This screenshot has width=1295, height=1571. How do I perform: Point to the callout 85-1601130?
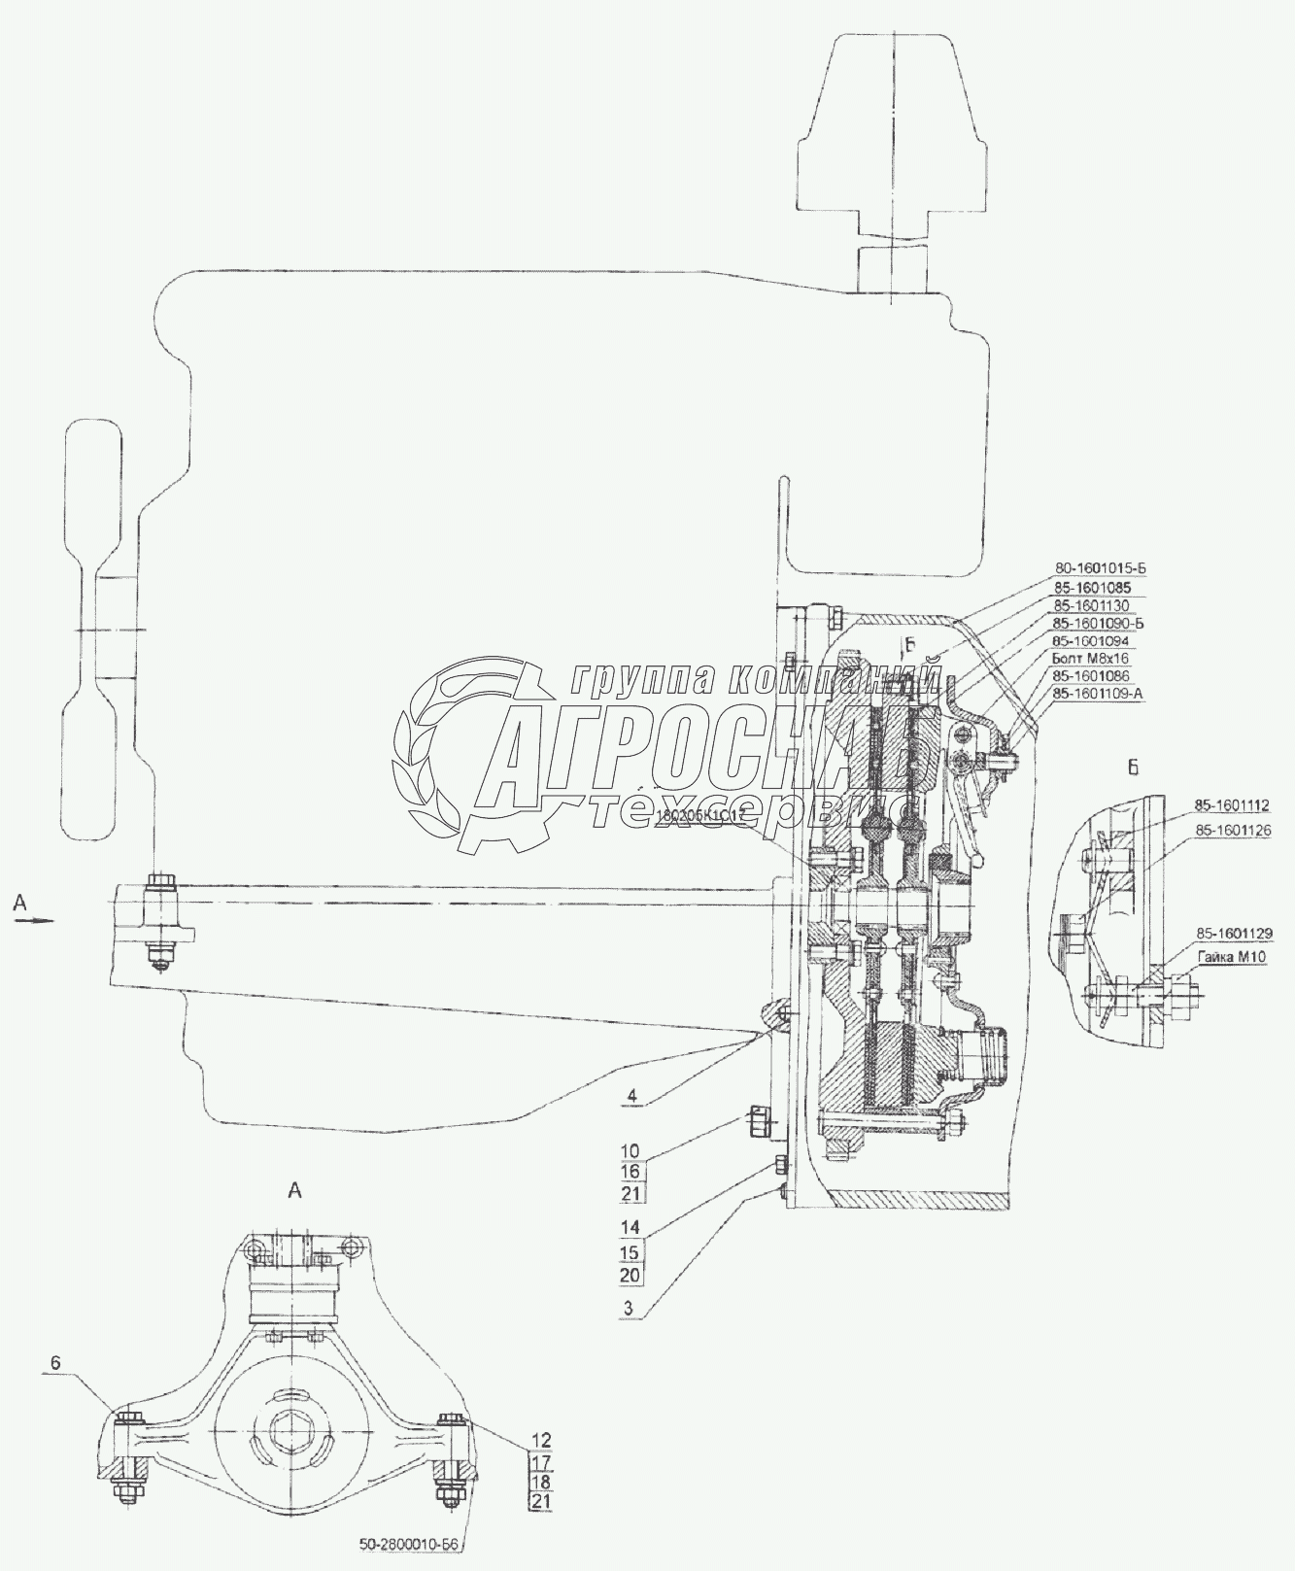[1090, 605]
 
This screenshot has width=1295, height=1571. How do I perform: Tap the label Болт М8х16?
[1090, 658]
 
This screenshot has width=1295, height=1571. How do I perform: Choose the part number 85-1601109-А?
[1097, 694]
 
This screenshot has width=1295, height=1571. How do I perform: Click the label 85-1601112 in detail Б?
[1233, 805]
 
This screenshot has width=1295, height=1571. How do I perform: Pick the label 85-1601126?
[1233, 830]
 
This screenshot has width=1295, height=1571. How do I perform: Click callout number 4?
[632, 1095]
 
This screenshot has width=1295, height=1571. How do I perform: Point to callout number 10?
[631, 1151]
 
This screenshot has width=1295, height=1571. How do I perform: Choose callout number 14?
[631, 1227]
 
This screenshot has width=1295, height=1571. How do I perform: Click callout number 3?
[630, 1308]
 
